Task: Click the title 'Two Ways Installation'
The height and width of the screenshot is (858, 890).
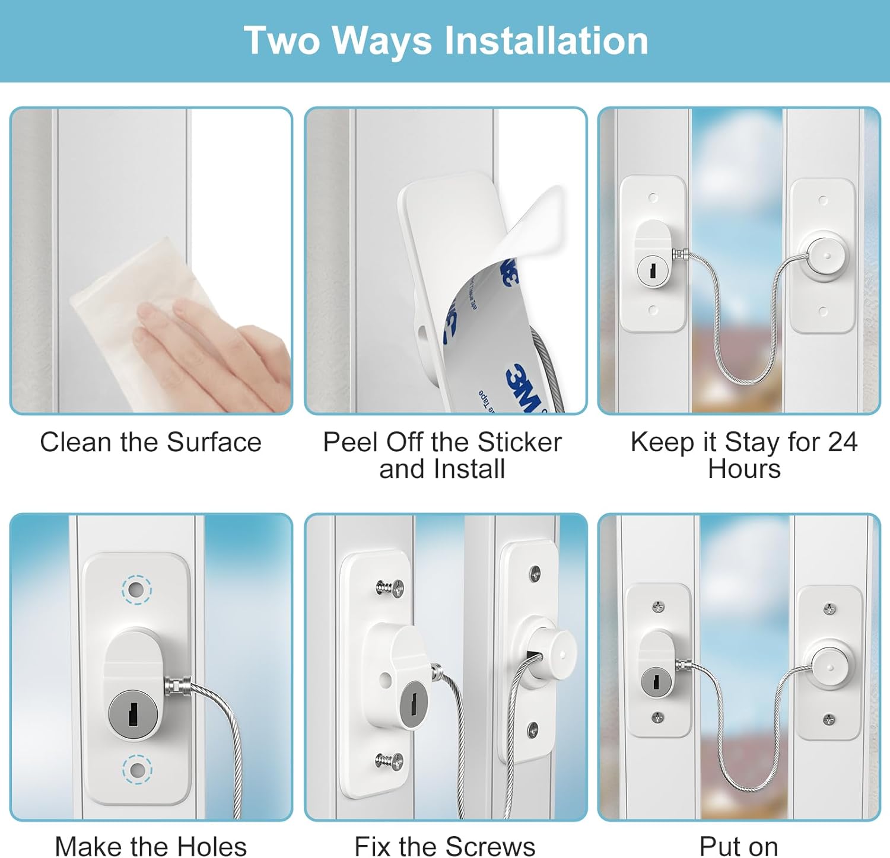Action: pos(446,40)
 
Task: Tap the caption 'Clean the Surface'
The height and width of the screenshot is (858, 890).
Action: pos(151,442)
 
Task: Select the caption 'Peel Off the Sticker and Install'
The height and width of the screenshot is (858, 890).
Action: pos(442,455)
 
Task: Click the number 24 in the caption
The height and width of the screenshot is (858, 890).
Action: pos(843,442)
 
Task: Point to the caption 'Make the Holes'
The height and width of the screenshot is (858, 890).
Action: pos(151,846)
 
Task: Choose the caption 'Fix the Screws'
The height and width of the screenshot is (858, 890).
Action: pos(444,846)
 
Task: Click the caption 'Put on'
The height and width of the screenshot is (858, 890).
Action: pos(739,846)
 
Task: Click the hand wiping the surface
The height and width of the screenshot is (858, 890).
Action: pos(208,350)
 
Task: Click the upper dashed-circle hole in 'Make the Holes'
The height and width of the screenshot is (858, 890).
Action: pos(136,590)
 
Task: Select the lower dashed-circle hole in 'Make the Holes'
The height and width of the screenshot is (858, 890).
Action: pos(137,770)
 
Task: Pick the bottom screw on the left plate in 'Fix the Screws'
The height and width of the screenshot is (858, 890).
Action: pos(390,761)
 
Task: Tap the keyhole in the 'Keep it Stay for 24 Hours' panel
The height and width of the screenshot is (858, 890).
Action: pos(653,270)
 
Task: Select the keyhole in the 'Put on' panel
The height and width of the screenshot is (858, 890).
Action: pos(656,682)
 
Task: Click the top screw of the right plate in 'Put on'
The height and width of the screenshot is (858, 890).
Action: pos(829,609)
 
